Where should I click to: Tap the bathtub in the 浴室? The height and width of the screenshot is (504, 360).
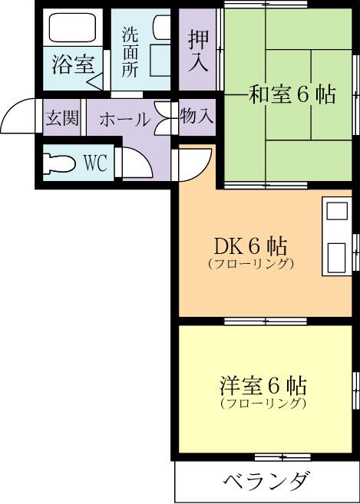(71, 29)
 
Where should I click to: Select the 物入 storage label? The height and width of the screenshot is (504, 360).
(197, 117)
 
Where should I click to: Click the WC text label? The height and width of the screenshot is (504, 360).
(94, 163)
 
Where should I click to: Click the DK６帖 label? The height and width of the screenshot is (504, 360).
(250, 246)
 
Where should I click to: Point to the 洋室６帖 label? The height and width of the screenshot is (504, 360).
(263, 384)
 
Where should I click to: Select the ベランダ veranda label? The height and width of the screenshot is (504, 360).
(267, 483)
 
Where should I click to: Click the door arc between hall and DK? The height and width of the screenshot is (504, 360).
(192, 162)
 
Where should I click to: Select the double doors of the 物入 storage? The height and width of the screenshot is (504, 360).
(163, 118)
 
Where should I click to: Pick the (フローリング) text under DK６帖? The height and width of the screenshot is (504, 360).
(251, 265)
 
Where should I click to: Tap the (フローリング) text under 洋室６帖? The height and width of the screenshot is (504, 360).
(263, 403)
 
